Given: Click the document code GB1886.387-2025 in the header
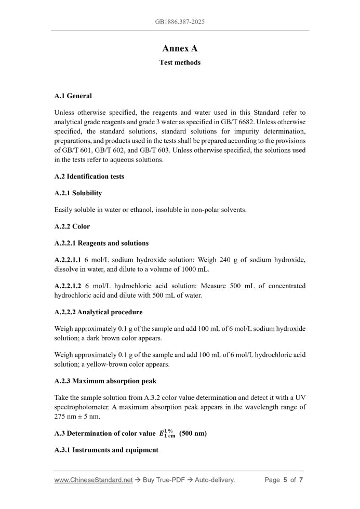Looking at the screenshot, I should click(x=180, y=22).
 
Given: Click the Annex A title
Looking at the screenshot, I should click(x=180, y=48).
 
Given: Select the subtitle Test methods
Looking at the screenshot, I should click(x=180, y=63).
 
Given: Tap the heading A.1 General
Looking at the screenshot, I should click(x=73, y=96).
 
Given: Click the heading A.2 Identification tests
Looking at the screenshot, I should click(x=89, y=177).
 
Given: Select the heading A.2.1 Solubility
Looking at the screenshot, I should click(x=78, y=193).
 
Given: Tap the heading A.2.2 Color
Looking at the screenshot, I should click(x=72, y=226).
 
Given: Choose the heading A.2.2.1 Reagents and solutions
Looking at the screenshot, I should click(x=101, y=243).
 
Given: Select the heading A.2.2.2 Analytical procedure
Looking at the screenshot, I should click(x=98, y=312).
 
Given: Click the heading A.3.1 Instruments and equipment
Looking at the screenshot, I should click(x=106, y=450).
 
